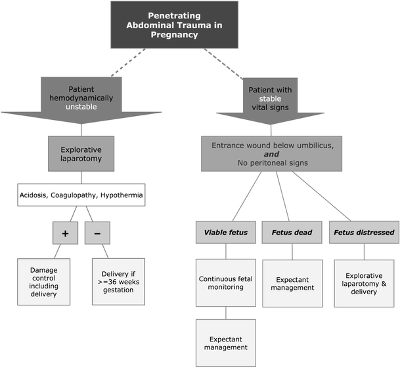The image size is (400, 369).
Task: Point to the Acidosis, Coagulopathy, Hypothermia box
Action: coord(81,195)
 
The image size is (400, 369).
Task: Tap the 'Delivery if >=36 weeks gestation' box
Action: coord(122,281)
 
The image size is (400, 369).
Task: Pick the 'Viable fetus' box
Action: coord(225,232)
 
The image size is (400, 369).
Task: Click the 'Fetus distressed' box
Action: coord(363,232)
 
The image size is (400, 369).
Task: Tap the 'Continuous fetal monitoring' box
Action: coord(225,282)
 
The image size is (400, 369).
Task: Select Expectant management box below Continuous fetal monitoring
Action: coord(225,342)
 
